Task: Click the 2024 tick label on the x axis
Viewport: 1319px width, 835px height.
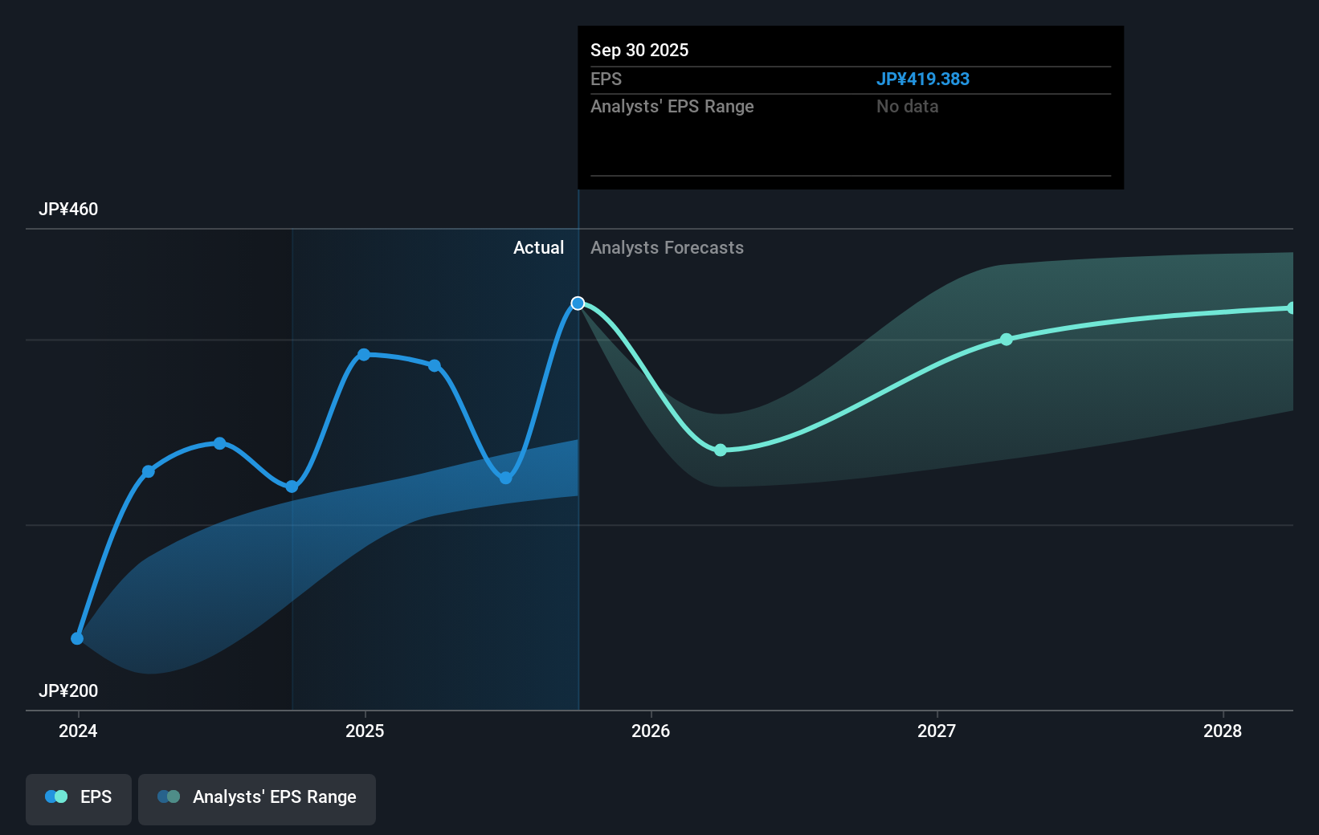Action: point(78,731)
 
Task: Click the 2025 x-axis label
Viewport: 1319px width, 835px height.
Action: point(365,731)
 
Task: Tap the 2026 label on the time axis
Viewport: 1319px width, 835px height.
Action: point(651,731)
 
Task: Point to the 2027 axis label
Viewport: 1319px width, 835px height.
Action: point(937,731)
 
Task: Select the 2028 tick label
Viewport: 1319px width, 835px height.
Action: point(1223,731)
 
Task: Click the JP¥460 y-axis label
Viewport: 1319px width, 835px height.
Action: point(68,210)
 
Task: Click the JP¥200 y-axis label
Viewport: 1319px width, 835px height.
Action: point(68,691)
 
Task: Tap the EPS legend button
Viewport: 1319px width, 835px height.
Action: point(79,798)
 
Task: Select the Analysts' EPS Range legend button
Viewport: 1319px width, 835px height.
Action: point(257,798)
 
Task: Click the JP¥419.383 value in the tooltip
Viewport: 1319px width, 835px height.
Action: point(922,79)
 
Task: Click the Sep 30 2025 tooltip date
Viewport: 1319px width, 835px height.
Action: point(639,51)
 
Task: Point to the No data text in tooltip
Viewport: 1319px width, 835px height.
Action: point(907,107)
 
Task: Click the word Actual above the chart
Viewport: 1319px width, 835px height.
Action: point(538,248)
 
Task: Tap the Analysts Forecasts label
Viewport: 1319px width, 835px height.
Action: point(667,248)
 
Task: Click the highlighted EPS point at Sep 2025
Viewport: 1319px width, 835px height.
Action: point(578,303)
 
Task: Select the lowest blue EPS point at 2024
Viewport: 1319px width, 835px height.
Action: point(77,638)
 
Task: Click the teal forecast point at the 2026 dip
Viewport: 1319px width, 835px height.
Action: point(721,450)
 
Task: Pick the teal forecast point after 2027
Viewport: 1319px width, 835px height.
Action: point(1007,340)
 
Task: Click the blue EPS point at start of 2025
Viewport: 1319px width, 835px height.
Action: point(364,354)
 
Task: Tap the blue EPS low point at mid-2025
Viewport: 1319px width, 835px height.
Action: point(506,478)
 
